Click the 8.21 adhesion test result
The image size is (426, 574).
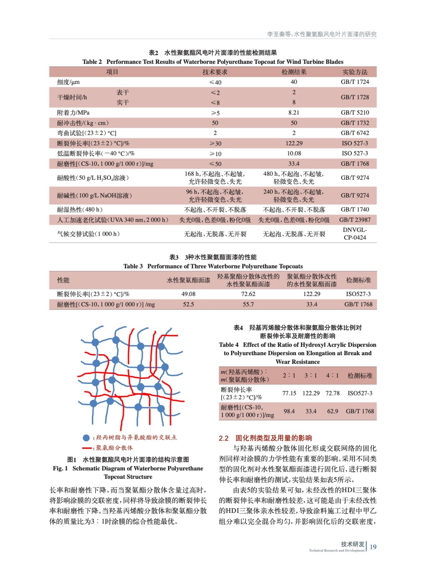[294, 113]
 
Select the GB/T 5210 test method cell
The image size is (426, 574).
[355, 113]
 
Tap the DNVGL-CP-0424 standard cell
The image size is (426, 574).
[355, 234]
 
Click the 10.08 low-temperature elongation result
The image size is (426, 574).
[294, 154]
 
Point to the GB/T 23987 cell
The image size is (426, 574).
[355, 220]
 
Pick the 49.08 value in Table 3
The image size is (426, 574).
[188, 294]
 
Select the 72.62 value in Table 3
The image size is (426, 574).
[248, 294]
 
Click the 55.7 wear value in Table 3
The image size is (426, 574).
[248, 304]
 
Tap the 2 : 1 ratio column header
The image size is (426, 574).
[289, 376]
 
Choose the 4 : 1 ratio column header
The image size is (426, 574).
[332, 376]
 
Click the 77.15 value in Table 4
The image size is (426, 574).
[289, 393]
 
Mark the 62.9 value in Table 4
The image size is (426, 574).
[332, 411]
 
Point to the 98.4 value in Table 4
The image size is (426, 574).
[289, 411]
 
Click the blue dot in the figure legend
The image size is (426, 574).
[86, 438]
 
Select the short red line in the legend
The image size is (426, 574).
[86, 448]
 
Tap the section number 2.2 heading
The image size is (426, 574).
[224, 438]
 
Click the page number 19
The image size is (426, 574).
[373, 547]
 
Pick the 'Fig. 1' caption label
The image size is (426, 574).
[60, 469]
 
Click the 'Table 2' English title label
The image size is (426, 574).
[92, 62]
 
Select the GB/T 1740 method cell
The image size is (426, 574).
[355, 210]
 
